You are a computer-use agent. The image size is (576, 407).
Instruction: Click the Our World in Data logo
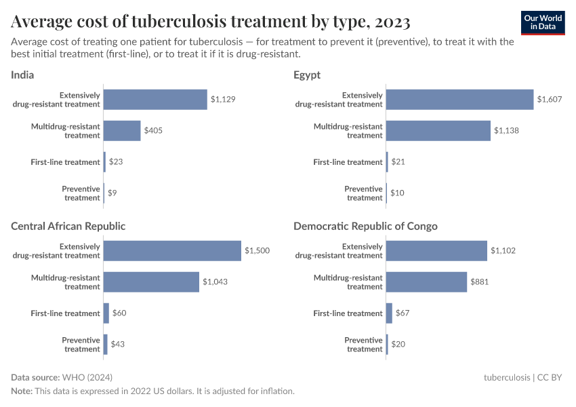[x=542, y=22]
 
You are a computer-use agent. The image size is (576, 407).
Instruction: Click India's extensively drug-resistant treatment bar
[x=155, y=100]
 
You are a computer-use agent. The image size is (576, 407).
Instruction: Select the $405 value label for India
[x=153, y=131]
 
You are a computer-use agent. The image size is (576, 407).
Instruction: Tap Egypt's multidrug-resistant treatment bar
[x=438, y=131]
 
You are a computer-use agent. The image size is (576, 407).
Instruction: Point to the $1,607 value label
[x=549, y=100]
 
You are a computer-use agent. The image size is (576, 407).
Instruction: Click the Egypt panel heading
[x=307, y=75]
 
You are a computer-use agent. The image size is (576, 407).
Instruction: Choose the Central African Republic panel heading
[x=68, y=226]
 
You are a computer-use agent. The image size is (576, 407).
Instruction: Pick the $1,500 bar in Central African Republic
[x=172, y=251]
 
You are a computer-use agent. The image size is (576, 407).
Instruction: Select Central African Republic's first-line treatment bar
[x=106, y=313]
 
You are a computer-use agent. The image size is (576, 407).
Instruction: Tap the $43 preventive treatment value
[x=118, y=345]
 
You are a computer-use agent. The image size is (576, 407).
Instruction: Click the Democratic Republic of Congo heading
[x=365, y=226]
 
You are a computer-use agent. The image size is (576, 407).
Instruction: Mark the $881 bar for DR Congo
[x=426, y=282]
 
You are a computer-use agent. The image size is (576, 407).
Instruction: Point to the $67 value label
[x=403, y=313]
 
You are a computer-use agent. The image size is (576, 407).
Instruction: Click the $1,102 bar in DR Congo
[x=436, y=251]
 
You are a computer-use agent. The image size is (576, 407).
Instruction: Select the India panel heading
[x=22, y=75]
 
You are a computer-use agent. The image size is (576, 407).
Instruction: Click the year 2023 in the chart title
[x=390, y=22]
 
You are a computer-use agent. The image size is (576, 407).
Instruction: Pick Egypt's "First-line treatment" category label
[x=348, y=162]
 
